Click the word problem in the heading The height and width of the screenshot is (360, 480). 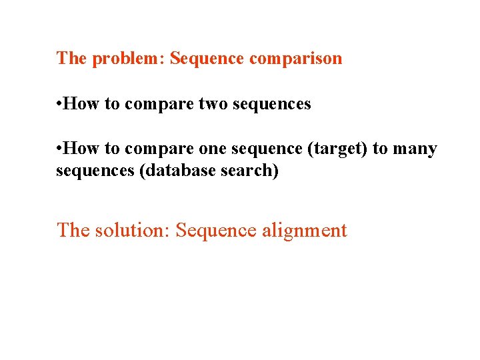pos(128,59)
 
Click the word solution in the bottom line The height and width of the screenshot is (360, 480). pos(132,231)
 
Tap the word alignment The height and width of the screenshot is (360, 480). pos(305,231)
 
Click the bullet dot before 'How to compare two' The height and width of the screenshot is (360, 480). pos(59,104)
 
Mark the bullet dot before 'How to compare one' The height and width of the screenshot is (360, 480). pos(59,149)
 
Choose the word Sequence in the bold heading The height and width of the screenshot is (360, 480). pos(207,59)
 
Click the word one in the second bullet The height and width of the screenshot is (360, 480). pos(213,149)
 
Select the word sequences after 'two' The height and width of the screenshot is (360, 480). pos(272,104)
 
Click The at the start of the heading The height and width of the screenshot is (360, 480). pos(71,59)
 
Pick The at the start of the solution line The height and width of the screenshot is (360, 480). pos(73,231)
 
